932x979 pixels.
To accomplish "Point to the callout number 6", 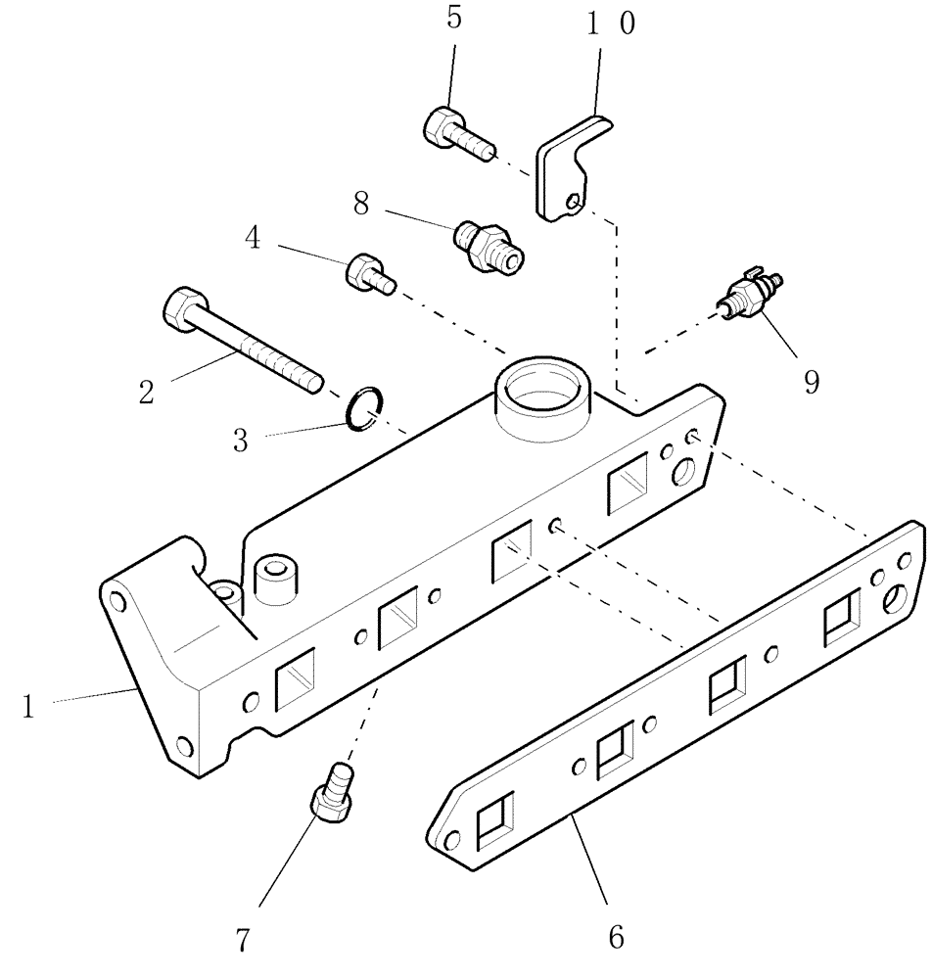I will point(616,937).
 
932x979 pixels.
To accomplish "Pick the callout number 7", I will point(243,939).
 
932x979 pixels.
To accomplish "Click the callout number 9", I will point(812,381).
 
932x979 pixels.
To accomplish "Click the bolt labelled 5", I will point(452,131).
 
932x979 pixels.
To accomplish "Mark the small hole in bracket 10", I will point(576,203).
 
